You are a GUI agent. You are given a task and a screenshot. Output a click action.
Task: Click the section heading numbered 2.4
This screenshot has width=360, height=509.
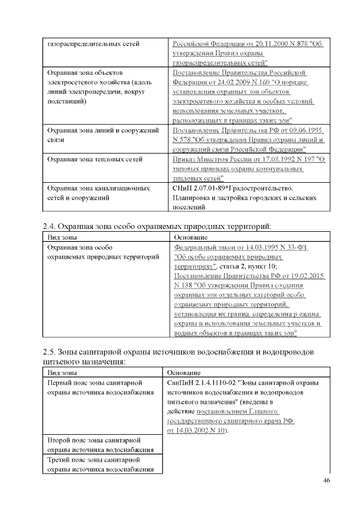157,226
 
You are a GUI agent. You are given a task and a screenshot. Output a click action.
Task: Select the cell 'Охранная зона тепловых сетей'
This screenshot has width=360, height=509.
94,160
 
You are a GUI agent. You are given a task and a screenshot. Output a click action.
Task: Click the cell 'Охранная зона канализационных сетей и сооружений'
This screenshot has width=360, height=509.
97,192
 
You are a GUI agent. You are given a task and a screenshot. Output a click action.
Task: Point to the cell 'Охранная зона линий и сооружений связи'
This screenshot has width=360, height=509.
101,134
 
